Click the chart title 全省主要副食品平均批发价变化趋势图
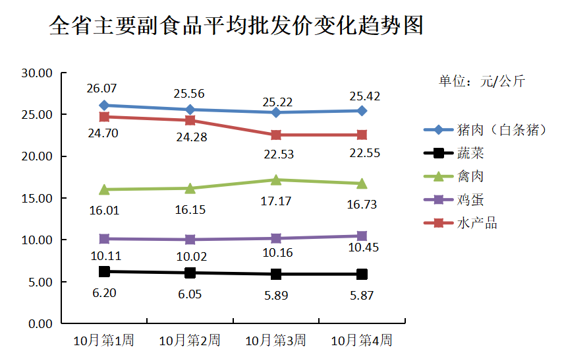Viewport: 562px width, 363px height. tap(235, 26)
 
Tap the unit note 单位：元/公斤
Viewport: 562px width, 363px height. tap(482, 82)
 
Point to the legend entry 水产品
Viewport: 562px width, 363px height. tap(476, 223)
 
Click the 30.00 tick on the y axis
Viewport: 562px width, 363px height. tap(37, 73)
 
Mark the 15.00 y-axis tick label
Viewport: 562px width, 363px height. tap(37, 198)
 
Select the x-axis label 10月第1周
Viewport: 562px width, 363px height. tap(103, 341)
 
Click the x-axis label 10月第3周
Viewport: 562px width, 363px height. tap(275, 341)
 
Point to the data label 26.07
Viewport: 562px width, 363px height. tap(103, 88)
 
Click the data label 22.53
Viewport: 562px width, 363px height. tap(276, 154)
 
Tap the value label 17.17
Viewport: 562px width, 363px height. tap(276, 201)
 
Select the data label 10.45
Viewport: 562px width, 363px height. tap(362, 247)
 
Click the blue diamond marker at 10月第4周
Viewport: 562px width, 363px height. tap(362, 111)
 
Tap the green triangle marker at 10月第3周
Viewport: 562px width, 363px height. tap(276, 180)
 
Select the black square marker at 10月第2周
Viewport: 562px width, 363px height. tap(190, 273)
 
